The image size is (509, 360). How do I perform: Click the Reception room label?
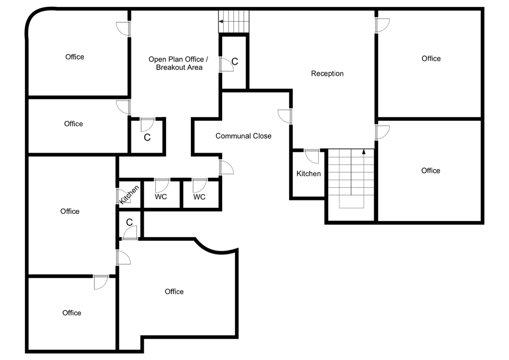point(327,73)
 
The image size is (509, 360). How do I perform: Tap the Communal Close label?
point(243,136)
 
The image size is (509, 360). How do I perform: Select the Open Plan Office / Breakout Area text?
point(178,63)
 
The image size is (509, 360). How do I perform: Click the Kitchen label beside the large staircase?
point(309,173)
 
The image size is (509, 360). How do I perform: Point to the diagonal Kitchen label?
point(129,195)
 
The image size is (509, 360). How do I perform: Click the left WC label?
point(161,196)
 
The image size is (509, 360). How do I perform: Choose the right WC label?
point(199,197)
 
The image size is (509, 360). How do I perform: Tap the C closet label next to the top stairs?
point(235,61)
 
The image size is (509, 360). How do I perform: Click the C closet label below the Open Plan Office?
point(147,137)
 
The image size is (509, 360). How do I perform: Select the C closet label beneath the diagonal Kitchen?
point(129,222)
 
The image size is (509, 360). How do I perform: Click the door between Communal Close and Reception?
point(285,116)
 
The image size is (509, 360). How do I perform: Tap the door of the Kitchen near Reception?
point(312,156)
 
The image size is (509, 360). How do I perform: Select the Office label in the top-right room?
point(431,58)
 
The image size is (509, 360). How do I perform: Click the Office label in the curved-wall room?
point(174,292)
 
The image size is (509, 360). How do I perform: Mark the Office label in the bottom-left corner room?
point(72,313)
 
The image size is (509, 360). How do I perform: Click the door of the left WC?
point(162,185)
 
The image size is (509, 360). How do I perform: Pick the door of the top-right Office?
point(382,25)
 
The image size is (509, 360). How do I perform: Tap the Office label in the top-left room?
point(75,57)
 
